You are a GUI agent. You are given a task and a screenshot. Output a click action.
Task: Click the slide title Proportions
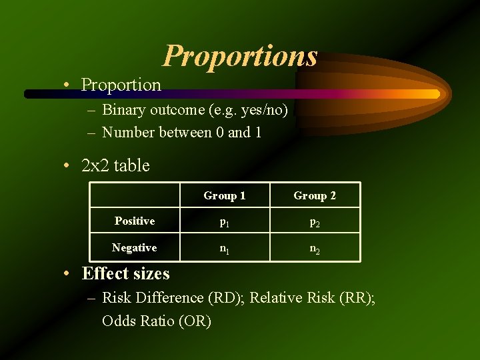[240, 56]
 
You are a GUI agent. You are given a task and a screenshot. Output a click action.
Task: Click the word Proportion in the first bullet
[121, 85]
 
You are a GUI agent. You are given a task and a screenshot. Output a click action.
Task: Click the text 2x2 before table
[95, 165]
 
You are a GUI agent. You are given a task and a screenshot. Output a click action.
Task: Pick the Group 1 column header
[225, 195]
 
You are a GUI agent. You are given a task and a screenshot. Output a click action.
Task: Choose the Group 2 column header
[315, 195]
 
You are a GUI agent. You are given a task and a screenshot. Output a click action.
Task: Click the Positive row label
[135, 221]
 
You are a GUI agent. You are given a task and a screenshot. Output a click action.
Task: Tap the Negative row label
[135, 247]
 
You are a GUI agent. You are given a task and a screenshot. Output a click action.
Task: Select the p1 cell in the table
[225, 222]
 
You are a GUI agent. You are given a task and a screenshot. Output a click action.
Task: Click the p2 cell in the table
[315, 222]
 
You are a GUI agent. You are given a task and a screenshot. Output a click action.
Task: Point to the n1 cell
[225, 248]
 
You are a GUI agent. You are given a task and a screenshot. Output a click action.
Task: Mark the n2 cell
[315, 248]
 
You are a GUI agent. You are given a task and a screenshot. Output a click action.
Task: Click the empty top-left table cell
[135, 195]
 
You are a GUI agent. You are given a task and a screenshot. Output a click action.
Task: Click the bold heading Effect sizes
[125, 273]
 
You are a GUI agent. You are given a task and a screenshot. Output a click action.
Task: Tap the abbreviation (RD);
[225, 297]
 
